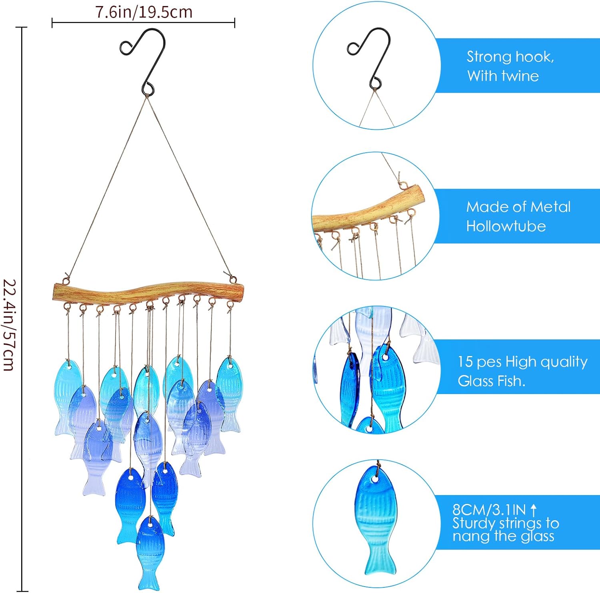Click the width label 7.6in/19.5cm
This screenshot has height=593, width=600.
click(x=144, y=12)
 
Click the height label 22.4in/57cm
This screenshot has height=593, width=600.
click(x=10, y=325)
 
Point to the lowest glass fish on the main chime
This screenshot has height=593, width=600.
click(x=150, y=551)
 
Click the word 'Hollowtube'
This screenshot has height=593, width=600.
click(x=506, y=226)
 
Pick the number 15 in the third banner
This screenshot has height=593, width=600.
click(x=465, y=362)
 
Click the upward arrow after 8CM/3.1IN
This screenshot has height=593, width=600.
click(x=533, y=509)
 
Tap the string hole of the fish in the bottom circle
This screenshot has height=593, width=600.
click(x=376, y=478)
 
